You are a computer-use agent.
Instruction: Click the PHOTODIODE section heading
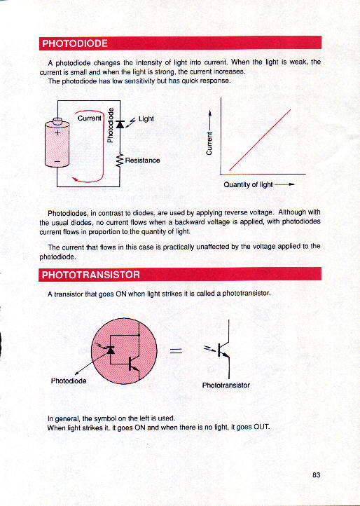coord(75,43)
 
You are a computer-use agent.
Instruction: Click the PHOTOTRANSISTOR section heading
coord(91,275)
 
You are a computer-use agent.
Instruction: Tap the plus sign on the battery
coord(57,132)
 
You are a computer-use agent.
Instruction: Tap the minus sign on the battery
coord(57,161)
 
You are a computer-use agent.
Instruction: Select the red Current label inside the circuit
coord(90,118)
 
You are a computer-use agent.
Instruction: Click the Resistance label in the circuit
coord(142,160)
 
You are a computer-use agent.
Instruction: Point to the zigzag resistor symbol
coord(120,160)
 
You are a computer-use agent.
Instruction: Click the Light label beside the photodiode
coord(146,119)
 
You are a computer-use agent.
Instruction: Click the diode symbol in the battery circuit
coord(120,124)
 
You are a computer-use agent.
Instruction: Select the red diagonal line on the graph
coord(260,139)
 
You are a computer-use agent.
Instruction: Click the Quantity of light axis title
coord(248,184)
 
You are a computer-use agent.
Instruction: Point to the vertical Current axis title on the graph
coord(209,143)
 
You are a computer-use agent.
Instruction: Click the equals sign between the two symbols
coord(176,351)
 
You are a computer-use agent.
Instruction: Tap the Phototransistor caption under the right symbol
coord(226,385)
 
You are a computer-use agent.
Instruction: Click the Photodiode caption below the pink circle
coord(69,381)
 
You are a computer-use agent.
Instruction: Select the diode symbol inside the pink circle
coord(111,350)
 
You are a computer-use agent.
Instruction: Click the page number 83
coord(316,475)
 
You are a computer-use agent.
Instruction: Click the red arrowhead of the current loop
coord(75,179)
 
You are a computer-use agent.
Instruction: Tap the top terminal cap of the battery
coord(57,121)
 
